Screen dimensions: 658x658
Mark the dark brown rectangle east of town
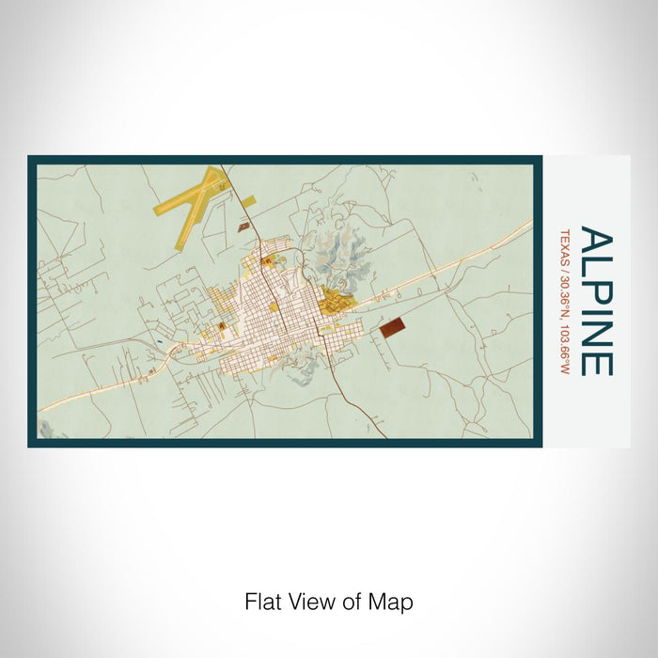392,326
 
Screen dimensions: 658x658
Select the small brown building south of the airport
244,227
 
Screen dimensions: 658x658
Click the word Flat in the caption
261,601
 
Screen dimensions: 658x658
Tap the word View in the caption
305,601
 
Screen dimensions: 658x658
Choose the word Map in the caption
395,601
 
